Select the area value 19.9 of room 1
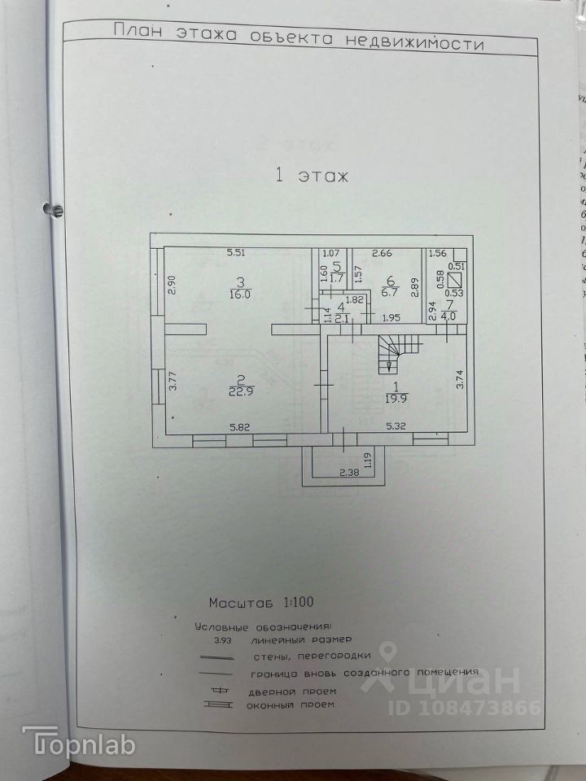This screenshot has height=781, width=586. click(396, 398)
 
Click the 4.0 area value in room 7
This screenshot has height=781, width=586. click(448, 316)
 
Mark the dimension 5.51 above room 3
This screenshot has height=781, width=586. click(237, 253)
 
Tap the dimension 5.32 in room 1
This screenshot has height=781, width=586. click(396, 426)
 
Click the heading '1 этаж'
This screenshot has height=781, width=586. click(312, 175)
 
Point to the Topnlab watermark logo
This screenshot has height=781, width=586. click(78, 742)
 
